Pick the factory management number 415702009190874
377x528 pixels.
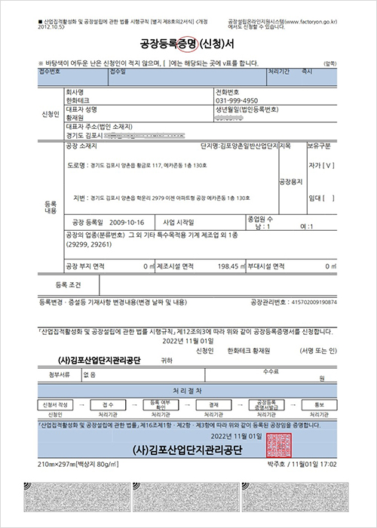308,302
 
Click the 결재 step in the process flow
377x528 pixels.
213,404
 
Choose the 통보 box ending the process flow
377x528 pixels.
318,404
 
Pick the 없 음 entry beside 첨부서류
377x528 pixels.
90,373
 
